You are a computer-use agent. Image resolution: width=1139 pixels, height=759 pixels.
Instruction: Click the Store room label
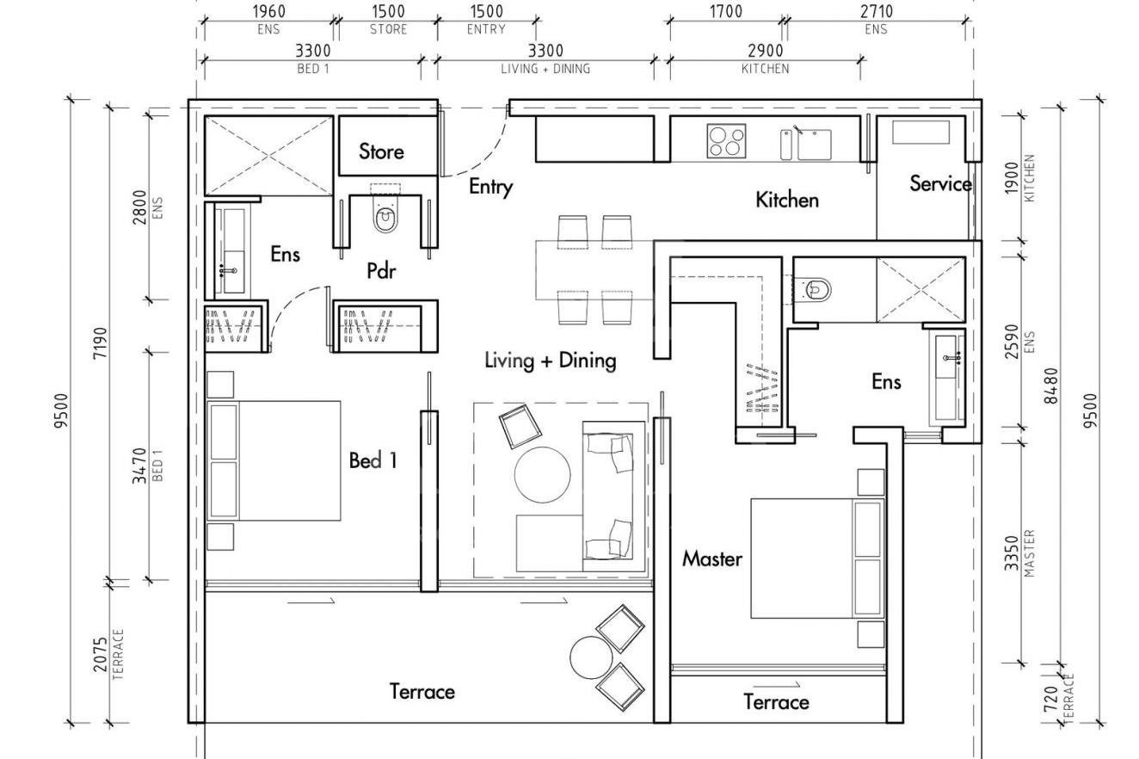click(x=381, y=151)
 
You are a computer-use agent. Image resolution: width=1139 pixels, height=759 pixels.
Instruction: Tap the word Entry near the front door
click(x=490, y=187)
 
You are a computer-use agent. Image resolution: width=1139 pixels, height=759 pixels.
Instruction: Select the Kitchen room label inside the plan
click(x=786, y=200)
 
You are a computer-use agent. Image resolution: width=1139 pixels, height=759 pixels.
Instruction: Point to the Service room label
click(x=940, y=183)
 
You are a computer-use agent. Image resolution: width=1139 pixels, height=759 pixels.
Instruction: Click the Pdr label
click(x=381, y=271)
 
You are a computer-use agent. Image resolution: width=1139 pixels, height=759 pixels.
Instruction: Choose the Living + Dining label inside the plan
click(x=550, y=360)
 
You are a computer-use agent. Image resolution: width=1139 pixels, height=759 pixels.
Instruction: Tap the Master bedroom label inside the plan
click(x=711, y=558)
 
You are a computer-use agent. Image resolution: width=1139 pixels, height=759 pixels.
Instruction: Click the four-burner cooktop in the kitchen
click(x=724, y=140)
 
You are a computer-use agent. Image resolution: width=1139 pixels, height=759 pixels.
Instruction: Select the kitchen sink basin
click(x=813, y=144)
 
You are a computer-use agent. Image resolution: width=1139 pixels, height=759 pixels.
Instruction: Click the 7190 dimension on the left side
click(x=100, y=342)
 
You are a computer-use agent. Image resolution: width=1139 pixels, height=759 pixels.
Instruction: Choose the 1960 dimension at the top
click(x=268, y=11)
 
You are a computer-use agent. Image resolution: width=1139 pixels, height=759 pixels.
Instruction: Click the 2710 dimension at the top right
click(x=876, y=11)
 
